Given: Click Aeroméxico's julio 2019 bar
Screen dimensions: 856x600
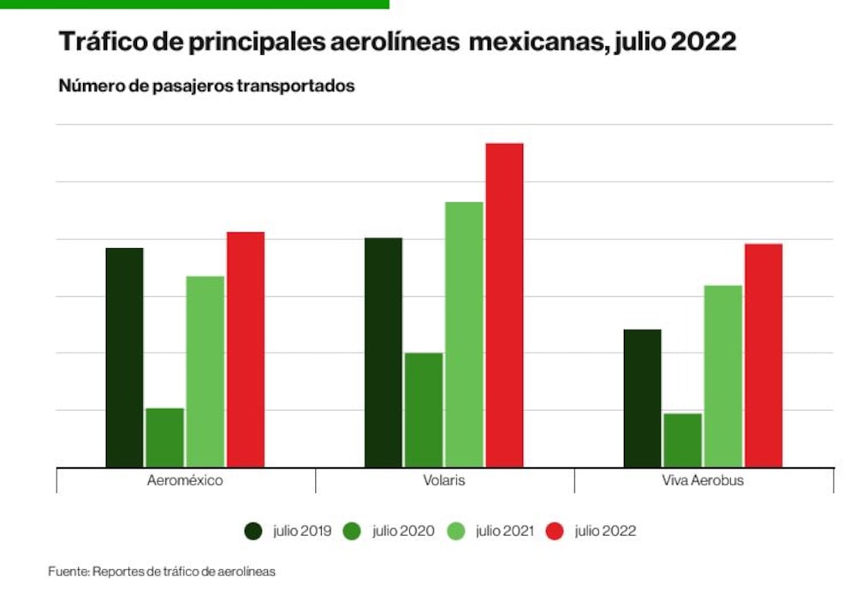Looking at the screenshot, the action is pyautogui.click(x=124, y=358).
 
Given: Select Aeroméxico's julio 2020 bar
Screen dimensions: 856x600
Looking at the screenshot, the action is pyautogui.click(x=165, y=438).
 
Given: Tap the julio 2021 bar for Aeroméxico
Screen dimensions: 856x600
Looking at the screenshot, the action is pyautogui.click(x=205, y=371).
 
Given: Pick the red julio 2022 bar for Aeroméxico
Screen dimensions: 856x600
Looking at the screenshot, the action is pyautogui.click(x=246, y=349).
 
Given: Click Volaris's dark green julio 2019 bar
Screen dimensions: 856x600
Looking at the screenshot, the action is pyautogui.click(x=383, y=353).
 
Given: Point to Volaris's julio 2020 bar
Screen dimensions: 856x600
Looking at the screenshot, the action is pyautogui.click(x=424, y=410).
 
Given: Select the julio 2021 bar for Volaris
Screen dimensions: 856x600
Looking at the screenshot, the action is pyautogui.click(x=464, y=335).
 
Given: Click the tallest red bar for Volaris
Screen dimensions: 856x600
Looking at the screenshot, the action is pyautogui.click(x=504, y=306).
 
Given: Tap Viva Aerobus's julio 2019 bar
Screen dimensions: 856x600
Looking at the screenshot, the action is pyautogui.click(x=642, y=399).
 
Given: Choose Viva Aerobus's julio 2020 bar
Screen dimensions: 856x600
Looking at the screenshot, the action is pyautogui.click(x=682, y=441).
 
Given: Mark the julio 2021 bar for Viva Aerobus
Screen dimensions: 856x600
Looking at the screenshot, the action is pyautogui.click(x=722, y=376).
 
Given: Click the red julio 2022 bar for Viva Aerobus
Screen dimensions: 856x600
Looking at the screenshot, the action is pyautogui.click(x=764, y=355).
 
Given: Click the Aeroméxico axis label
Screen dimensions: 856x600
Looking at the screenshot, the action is pyautogui.click(x=185, y=480).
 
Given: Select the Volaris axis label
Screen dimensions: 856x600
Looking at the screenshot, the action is pyautogui.click(x=443, y=480).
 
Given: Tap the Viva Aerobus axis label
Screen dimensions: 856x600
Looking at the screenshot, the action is pyautogui.click(x=703, y=480).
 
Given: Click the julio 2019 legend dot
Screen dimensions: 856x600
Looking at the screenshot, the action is pyautogui.click(x=253, y=532).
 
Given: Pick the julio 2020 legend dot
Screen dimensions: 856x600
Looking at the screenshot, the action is pyautogui.click(x=352, y=532).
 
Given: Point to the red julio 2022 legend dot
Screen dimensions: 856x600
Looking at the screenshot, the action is pyautogui.click(x=555, y=532).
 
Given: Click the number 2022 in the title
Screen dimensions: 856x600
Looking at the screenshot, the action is pyautogui.click(x=703, y=41).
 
